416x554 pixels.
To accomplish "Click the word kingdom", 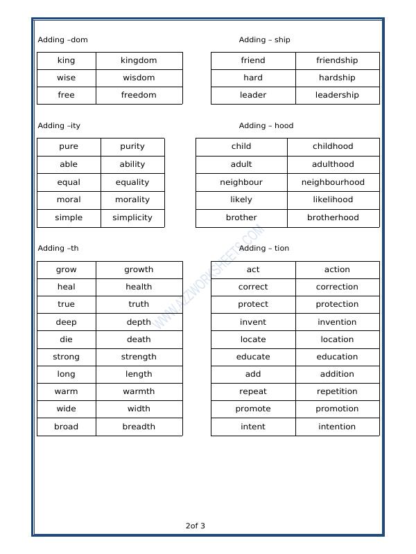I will click(x=139, y=60).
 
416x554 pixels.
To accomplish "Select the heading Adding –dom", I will click(x=62, y=39).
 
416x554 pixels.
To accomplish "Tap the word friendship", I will click(x=337, y=60).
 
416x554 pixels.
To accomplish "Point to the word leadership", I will click(x=337, y=95).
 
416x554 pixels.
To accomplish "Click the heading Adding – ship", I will click(x=264, y=39).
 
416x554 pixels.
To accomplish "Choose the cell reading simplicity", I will click(x=132, y=217).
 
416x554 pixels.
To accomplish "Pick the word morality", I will click(x=132, y=199).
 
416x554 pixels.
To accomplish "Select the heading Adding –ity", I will click(x=59, y=125).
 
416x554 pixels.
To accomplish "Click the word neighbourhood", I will click(x=333, y=182).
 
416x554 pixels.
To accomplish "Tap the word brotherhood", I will click(x=333, y=217).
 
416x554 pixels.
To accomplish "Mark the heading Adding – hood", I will click(x=266, y=125).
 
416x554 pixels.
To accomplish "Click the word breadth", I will click(x=139, y=427).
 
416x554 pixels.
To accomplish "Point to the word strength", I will click(x=139, y=357).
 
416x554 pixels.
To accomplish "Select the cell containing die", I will click(x=66, y=339).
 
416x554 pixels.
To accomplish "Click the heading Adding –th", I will click(x=58, y=248).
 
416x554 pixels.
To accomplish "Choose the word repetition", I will click(x=337, y=391).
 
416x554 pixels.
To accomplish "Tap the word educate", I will click(x=253, y=357).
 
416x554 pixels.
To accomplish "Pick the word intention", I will click(x=337, y=427).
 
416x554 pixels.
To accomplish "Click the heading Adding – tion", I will click(x=263, y=248).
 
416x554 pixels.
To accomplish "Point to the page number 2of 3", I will click(x=196, y=526).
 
